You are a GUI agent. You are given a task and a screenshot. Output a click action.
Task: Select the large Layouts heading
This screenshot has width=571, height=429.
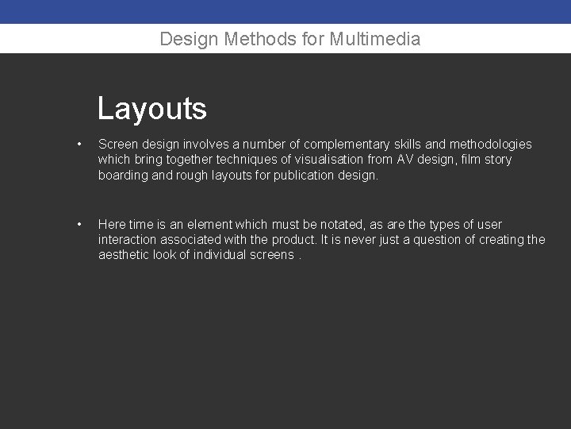(152, 109)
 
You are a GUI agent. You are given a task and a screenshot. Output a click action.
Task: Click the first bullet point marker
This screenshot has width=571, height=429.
(79, 145)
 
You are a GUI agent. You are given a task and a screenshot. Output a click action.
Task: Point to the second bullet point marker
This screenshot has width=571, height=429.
(79, 225)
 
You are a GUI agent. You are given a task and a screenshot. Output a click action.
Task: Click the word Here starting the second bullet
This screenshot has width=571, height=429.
(111, 225)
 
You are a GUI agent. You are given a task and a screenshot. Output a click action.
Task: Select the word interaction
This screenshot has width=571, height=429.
(130, 240)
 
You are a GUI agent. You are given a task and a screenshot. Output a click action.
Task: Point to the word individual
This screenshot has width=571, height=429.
(224, 255)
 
